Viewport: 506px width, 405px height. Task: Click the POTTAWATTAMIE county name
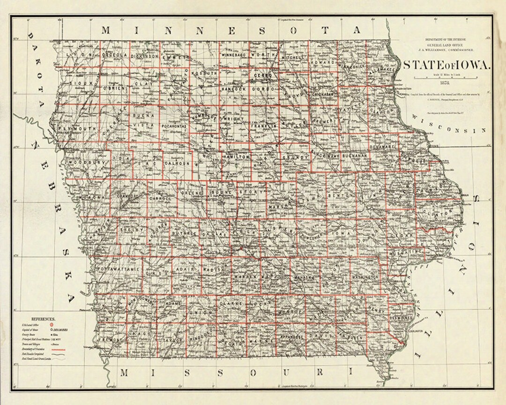(119, 270)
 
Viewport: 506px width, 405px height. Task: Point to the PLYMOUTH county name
(78, 128)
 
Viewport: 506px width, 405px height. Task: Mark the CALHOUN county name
(177, 163)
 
